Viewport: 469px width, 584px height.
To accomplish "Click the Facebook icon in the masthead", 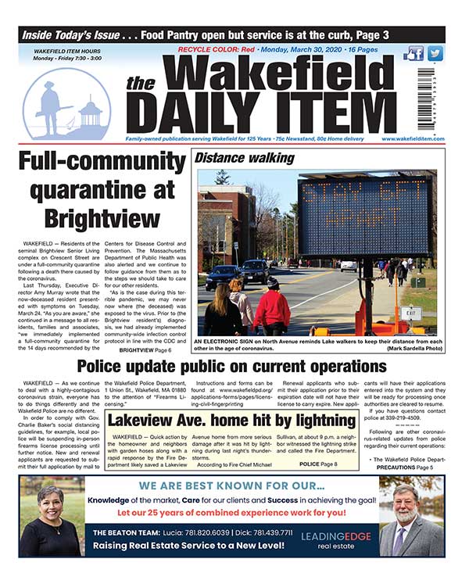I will [414, 54].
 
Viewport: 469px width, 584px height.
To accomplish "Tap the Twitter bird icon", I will [435, 54].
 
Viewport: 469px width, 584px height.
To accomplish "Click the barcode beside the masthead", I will [426, 97].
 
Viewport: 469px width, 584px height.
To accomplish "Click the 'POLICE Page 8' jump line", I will [318, 464].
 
